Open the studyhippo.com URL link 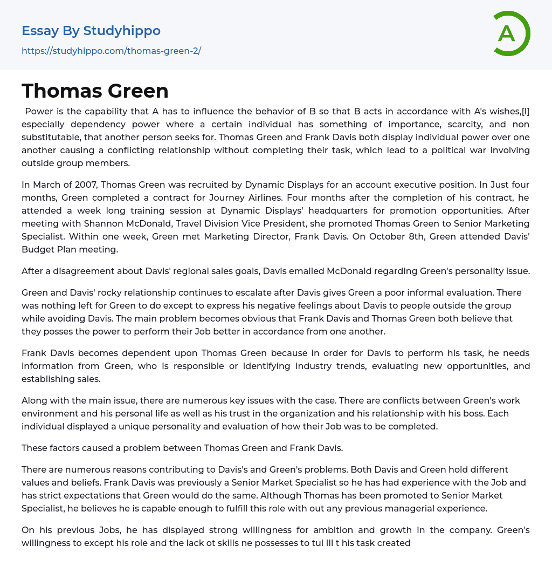(111, 51)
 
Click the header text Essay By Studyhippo (91, 31)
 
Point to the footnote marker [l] (525, 112)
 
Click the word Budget (39, 249)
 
